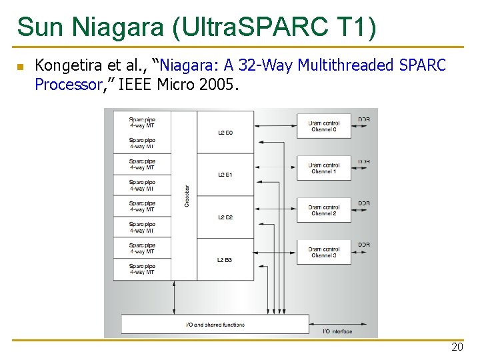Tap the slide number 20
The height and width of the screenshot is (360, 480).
457,347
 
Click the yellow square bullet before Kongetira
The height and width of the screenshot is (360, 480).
20,67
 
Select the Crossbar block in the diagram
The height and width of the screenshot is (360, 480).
185,195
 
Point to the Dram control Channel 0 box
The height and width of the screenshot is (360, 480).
324,126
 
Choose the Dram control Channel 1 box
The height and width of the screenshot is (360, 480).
324,168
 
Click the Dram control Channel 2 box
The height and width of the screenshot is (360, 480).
324,210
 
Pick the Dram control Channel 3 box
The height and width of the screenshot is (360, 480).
324,252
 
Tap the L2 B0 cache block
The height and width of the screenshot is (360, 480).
225,133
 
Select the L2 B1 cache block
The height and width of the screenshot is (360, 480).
225,175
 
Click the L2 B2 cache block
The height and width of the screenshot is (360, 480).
225,217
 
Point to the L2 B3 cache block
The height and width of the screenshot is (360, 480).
225,259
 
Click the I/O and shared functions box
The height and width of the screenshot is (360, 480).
215,325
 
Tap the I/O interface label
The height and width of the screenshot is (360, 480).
337,331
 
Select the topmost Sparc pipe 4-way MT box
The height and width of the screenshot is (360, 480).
142,123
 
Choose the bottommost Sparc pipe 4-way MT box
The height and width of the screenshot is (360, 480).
142,269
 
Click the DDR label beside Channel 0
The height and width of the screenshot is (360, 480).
364,120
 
